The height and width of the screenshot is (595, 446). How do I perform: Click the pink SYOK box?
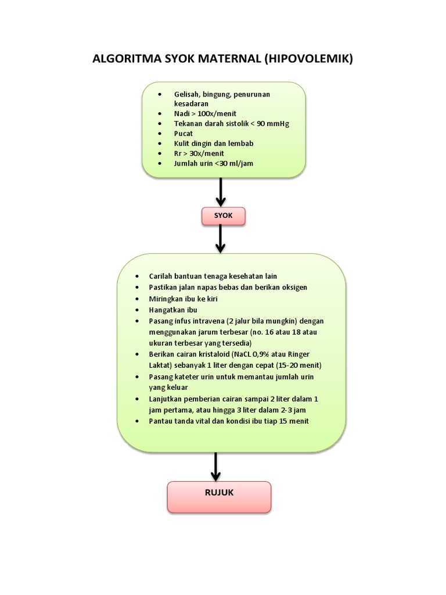[x=223, y=216]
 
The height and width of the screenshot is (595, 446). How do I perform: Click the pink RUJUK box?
[x=219, y=497]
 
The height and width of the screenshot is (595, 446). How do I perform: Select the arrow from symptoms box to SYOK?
[x=221, y=192]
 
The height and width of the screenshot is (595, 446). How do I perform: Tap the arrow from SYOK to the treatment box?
[x=221, y=238]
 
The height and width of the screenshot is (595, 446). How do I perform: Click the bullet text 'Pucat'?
[x=184, y=133]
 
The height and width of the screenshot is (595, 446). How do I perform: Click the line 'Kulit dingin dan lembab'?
[x=214, y=143]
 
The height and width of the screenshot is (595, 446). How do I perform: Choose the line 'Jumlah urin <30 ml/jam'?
[x=213, y=163]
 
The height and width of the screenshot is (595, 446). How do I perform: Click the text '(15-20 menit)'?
[x=297, y=365]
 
